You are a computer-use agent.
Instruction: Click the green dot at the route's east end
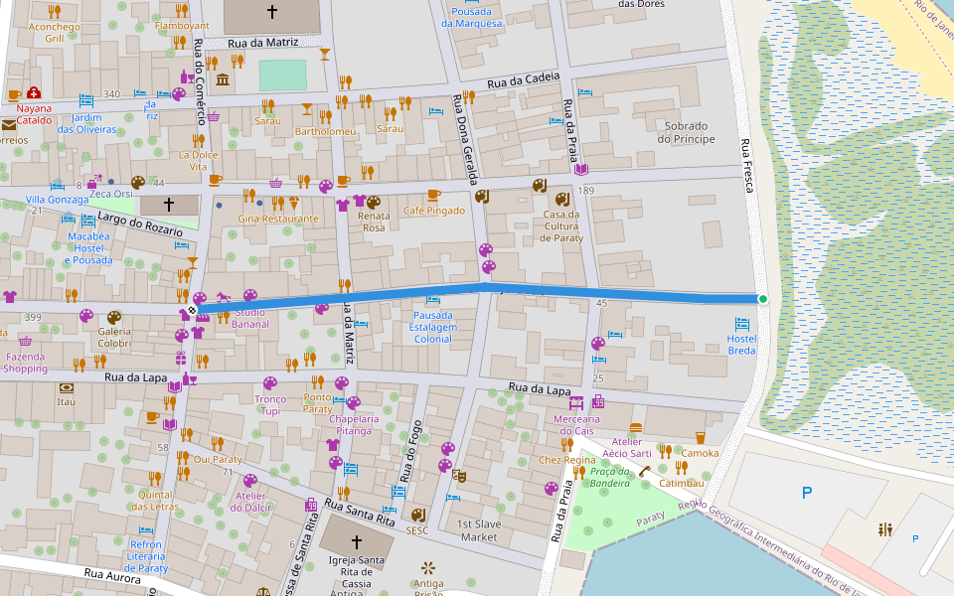coord(763,299)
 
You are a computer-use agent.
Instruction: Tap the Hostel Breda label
coord(741,345)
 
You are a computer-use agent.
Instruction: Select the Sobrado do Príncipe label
coord(686,132)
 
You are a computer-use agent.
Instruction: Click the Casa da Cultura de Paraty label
coord(560,226)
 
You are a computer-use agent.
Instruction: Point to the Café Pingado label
coord(433,211)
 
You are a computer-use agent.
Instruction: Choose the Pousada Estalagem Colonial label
coord(432,327)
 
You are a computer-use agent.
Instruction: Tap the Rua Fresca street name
coord(746,164)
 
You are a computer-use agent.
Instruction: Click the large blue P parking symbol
coord(806,493)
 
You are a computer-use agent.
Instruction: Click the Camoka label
coord(700,453)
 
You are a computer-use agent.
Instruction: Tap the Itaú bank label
coord(67,402)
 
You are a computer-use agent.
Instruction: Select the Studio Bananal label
coord(249,318)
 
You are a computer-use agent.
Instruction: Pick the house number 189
coord(585,191)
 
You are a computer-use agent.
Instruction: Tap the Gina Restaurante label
coord(278,219)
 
